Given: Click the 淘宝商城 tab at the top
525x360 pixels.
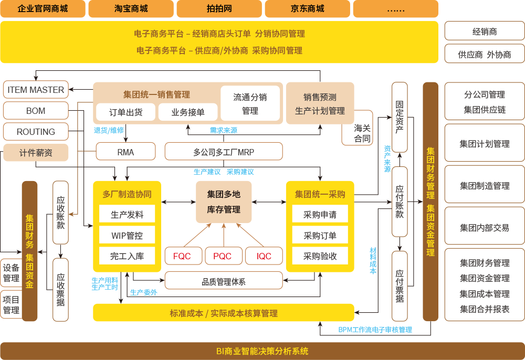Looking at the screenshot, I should [x=131, y=9].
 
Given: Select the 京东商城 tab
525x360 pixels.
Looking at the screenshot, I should [x=307, y=9].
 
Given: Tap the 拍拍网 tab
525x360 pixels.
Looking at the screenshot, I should [x=219, y=9].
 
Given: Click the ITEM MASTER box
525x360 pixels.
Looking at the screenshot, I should [x=36, y=90].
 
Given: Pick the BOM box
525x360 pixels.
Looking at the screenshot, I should [x=36, y=111].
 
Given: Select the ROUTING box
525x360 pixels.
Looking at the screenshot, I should [x=36, y=132].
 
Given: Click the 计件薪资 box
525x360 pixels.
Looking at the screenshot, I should [x=36, y=153].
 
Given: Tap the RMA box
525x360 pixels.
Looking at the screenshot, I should [x=125, y=152].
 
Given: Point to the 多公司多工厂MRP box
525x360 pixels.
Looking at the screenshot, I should [x=224, y=152].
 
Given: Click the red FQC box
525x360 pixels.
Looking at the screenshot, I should [x=182, y=256].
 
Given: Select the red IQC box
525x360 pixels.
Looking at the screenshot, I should [x=264, y=256].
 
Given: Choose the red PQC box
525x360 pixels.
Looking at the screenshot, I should [x=223, y=256].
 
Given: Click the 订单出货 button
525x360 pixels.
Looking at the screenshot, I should [x=125, y=112].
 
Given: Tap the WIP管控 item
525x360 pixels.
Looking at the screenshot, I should [x=127, y=236].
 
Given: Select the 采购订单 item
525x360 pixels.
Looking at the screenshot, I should [x=320, y=236].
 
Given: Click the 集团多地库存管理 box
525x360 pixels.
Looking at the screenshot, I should [x=224, y=202].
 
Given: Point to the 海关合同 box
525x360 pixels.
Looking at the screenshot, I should [x=362, y=133].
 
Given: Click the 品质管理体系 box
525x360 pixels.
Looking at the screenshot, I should [x=224, y=282].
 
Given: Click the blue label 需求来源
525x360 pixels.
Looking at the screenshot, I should [x=223, y=130].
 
